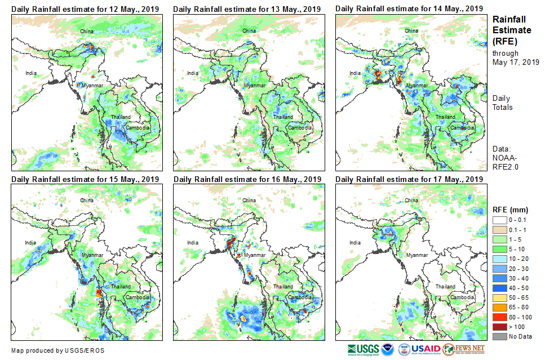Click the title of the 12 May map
click(85, 9)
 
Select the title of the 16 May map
click(247, 179)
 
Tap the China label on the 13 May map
click(249, 30)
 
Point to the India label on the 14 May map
click(355, 73)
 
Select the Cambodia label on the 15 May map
click(138, 297)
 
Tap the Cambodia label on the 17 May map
click(463, 297)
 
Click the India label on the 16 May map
click(193, 243)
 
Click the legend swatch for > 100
click(500, 327)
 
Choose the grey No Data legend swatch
click(500, 336)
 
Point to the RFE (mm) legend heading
click(511, 210)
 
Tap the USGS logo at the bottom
click(364, 350)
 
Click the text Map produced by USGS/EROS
click(57, 350)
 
